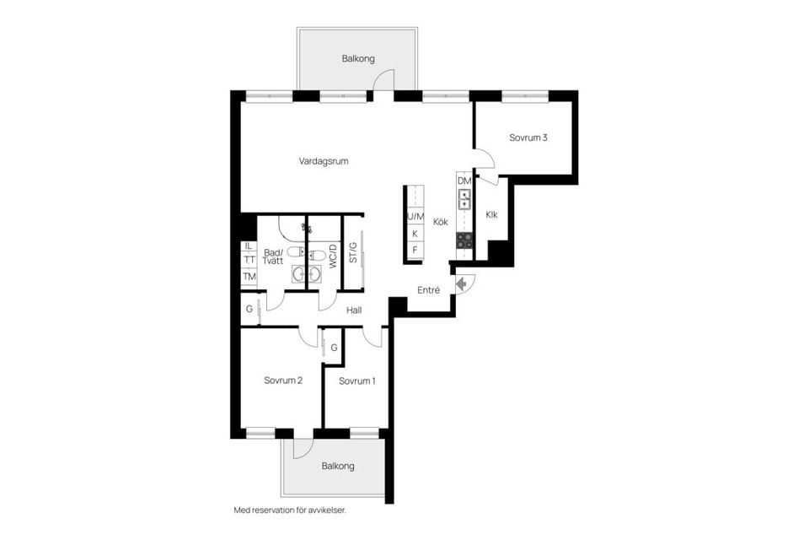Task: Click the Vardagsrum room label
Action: pos(324,161)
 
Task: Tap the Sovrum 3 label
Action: pos(528,138)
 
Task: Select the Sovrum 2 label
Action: pos(283,381)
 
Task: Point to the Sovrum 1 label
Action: pos(357,381)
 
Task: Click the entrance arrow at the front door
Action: pos(462,283)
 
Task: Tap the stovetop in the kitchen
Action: pos(464,240)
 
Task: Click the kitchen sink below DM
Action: pos(464,199)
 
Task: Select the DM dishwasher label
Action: pos(464,181)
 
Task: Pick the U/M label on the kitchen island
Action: pos(415,217)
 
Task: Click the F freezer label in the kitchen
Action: pos(415,250)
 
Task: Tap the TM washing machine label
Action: pos(249,277)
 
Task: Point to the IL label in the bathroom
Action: pos(249,246)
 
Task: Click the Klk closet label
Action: pos(491,214)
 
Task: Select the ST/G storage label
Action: pos(353,252)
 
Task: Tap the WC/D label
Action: pos(333,256)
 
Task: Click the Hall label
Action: pos(354,310)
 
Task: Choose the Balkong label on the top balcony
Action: pos(358,59)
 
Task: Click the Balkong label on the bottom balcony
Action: pos(338,466)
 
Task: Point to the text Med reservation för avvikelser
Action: pos(290,510)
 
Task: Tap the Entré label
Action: pos(429,290)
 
